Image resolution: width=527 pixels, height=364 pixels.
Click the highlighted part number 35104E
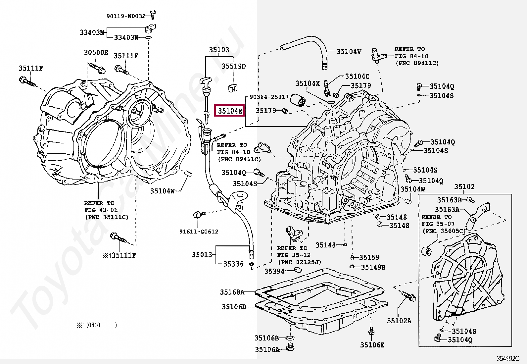point(230,111)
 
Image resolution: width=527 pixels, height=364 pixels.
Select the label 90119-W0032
point(126,16)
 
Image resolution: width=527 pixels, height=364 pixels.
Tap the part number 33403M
point(92,32)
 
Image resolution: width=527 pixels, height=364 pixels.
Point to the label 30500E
point(96,53)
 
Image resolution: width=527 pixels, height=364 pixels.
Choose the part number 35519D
point(233,66)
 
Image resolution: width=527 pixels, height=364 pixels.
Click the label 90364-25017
point(269,97)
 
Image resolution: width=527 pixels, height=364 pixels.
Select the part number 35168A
point(232,292)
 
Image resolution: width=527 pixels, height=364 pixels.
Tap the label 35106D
point(234,307)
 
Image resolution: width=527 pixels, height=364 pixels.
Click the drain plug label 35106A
point(267,350)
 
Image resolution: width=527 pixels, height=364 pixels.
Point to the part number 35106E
point(372,345)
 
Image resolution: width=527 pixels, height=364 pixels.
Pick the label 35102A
point(399,321)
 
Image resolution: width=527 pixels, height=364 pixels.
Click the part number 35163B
point(449,200)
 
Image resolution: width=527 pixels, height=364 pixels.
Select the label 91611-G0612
point(199,232)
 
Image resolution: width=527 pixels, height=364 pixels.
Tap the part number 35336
point(233,264)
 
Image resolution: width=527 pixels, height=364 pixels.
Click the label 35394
point(274,272)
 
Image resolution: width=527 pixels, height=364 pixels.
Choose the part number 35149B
point(373,267)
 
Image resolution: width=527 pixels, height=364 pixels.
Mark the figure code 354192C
point(508,359)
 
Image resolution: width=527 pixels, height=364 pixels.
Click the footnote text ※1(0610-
point(90,325)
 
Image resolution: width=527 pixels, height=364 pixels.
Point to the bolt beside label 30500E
point(97,67)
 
